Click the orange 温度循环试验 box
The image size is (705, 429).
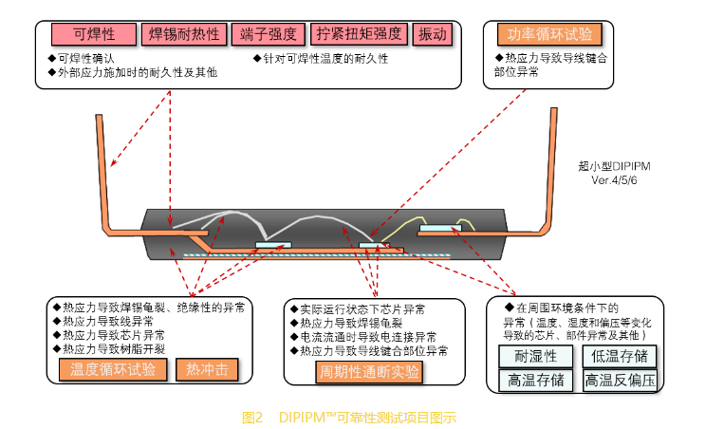[112, 369]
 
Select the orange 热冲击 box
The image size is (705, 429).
[205, 369]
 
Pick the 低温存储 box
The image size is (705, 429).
[621, 356]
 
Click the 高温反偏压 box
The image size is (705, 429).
[621, 381]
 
